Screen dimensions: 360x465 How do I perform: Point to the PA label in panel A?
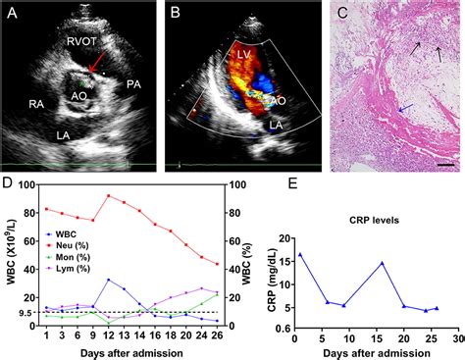coord(132,85)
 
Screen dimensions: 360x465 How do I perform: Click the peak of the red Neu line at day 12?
coord(107,195)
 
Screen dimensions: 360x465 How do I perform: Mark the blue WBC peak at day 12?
coord(107,280)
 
